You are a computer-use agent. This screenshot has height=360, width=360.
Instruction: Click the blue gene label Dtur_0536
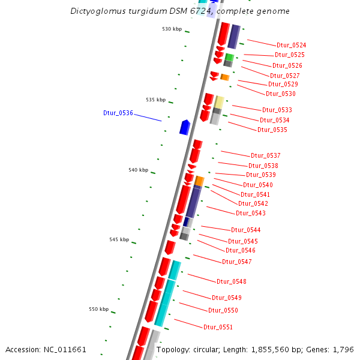[118, 113]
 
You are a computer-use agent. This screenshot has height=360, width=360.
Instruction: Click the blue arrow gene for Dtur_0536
[185, 127]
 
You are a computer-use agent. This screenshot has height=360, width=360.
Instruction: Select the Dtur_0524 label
[291, 46]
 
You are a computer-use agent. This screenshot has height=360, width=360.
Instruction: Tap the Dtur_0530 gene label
[280, 94]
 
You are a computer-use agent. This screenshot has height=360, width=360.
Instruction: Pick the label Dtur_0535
[272, 130]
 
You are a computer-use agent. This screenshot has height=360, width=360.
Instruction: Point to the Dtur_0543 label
[250, 213]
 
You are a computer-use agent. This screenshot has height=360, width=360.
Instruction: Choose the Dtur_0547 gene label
[236, 262]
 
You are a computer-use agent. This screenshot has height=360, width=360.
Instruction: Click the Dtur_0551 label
[218, 327]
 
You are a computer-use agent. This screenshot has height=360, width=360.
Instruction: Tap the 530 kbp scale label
[172, 29]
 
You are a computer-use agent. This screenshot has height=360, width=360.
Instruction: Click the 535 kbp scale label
[155, 100]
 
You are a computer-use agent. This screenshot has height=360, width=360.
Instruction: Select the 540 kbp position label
[138, 170]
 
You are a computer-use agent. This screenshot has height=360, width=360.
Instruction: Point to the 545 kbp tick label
[119, 239]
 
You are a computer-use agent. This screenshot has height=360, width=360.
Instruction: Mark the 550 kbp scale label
[99, 309]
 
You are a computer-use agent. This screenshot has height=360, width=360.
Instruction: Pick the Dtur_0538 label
[263, 166]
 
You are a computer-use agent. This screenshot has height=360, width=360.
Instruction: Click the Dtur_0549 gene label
[226, 298]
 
